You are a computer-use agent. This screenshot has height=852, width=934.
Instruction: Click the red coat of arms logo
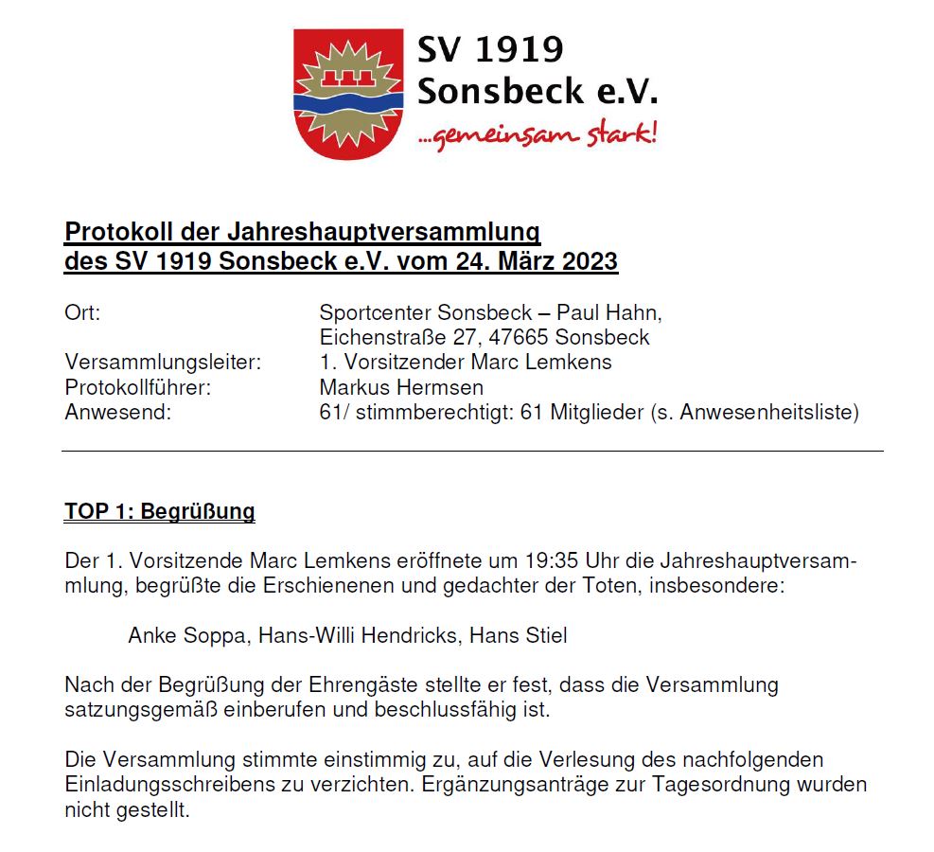click(x=349, y=93)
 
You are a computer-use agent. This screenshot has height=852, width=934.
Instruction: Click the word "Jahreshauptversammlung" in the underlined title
click(x=383, y=231)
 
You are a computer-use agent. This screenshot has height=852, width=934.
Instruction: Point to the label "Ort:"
click(x=82, y=312)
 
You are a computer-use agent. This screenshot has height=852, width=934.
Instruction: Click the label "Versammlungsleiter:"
click(x=163, y=362)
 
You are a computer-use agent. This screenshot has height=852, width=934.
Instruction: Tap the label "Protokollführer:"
click(x=137, y=387)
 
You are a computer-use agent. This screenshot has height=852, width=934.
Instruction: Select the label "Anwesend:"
click(x=118, y=412)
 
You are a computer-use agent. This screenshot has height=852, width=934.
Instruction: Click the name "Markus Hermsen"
click(x=401, y=387)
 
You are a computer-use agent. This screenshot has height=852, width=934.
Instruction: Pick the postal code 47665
click(x=520, y=337)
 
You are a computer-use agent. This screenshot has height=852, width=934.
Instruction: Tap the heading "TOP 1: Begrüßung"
click(x=160, y=512)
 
